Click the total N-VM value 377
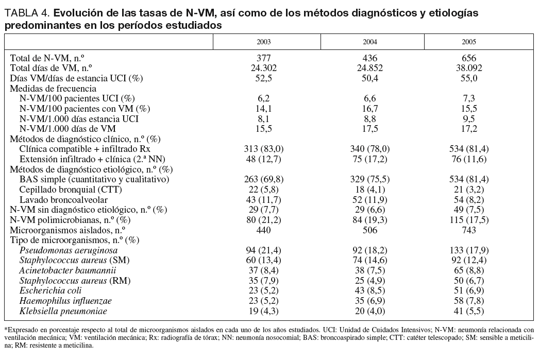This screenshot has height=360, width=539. coord(263,58)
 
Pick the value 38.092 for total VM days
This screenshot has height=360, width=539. coord(469,68)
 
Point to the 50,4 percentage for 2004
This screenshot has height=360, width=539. coord(366,78)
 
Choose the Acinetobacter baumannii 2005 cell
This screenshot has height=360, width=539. coord(469,270)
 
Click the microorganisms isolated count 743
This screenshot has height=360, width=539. coord(469,230)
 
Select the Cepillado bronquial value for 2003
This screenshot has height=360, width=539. coord(263,189)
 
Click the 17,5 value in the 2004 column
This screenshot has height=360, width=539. coord(366,129)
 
